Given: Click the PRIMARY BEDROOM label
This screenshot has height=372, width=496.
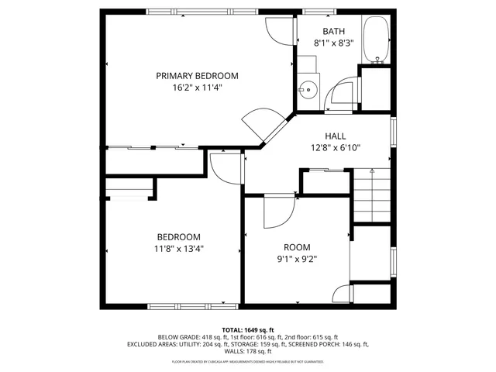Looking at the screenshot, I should (x=197, y=76).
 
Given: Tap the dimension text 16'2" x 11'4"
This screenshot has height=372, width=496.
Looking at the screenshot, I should (x=197, y=88).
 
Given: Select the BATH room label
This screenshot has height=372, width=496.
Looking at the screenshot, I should (x=333, y=32).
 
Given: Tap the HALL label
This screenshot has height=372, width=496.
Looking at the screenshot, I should (x=335, y=136).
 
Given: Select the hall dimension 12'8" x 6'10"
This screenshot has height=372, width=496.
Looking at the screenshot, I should (x=336, y=147).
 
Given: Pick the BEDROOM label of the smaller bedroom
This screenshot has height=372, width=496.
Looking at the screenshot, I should (x=179, y=237).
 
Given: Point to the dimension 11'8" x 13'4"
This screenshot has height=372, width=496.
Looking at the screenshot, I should (x=179, y=249).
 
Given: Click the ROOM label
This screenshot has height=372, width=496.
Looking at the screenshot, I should (x=296, y=247).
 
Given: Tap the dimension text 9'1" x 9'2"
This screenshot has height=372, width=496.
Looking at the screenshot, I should (x=296, y=259).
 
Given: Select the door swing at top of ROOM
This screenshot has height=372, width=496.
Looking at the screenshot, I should (x=277, y=212).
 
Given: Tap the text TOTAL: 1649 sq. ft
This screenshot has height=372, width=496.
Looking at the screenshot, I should (x=248, y=329).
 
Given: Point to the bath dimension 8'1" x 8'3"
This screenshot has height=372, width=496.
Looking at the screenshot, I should (x=333, y=43).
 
